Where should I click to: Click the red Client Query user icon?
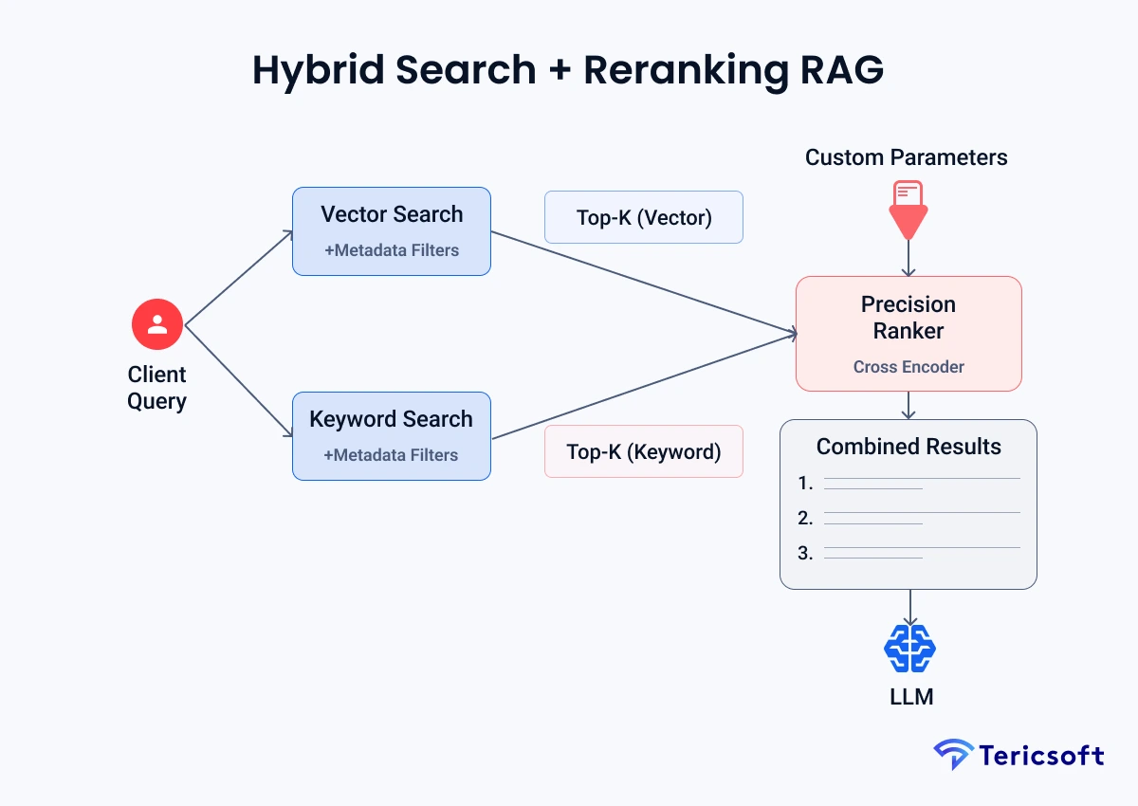coord(157,324)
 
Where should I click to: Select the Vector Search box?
coord(391,230)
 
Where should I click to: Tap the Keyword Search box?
coord(391,435)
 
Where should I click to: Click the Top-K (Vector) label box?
coord(643,217)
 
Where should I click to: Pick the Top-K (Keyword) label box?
coord(643,451)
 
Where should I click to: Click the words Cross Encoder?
coord(908,367)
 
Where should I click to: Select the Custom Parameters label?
coord(906,157)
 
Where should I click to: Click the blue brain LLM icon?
coord(909,650)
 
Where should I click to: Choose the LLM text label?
coord(910,697)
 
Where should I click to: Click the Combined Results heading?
coord(908,447)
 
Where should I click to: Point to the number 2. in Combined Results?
coord(805,518)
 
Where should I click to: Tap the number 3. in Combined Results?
coord(805,553)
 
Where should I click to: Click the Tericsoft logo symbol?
coord(952,755)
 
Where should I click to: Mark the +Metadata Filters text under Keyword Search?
coord(391,455)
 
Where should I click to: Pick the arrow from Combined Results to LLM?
coord(909,607)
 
